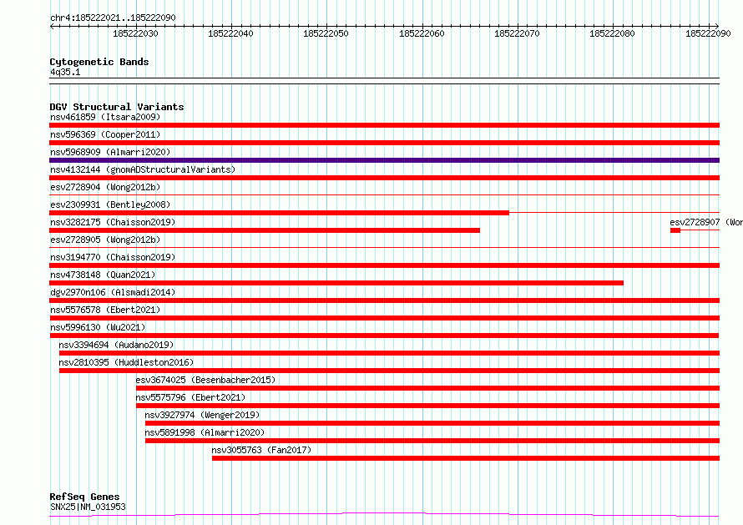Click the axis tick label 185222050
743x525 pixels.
326,33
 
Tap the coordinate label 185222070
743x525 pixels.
517,33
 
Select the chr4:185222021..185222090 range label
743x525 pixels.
113,18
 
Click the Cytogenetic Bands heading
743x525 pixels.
99,62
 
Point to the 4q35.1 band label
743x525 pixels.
65,72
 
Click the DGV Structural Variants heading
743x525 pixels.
117,107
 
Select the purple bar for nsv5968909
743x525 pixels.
384,160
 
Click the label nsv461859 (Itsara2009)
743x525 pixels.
105,117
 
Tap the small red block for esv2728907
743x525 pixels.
675,230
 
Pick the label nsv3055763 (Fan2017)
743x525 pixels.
261,450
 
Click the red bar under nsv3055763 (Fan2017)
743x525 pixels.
466,458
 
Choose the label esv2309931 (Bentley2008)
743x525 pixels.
110,204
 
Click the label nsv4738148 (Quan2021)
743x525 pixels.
103,275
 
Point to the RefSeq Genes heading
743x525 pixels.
84,497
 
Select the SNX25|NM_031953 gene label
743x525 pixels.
88,507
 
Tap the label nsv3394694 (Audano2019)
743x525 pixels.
116,345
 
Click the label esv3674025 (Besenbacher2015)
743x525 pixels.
205,380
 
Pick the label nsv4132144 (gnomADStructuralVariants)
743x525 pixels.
143,169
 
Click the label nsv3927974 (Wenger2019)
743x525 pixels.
202,415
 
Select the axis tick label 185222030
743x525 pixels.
135,33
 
